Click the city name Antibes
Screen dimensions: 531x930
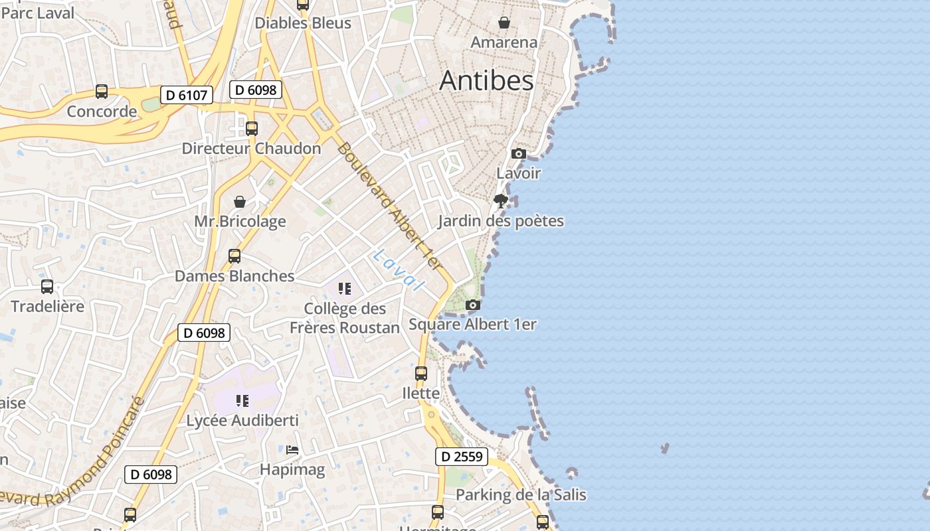point(486,80)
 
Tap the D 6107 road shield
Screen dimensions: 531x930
point(186,95)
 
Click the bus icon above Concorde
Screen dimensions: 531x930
point(102,92)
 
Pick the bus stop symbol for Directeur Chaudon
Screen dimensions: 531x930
point(252,129)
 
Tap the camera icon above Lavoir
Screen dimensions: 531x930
point(518,154)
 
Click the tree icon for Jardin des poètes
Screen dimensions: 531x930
point(501,200)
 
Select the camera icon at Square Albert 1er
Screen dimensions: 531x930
point(473,305)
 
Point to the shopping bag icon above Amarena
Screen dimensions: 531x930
point(504,23)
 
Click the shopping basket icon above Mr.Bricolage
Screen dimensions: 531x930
point(240,202)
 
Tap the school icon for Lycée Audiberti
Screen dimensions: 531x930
point(242,401)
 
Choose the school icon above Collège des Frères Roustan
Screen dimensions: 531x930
point(344,289)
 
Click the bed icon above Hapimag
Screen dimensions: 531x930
point(292,450)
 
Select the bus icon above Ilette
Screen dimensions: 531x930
point(421,374)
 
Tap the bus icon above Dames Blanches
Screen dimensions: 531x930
point(234,256)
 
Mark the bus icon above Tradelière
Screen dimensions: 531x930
point(47,287)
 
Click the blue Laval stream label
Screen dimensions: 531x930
point(399,269)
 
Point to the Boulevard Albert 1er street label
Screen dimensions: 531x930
point(389,206)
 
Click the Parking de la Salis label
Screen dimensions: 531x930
point(521,494)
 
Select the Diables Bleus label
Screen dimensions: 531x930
point(303,23)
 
